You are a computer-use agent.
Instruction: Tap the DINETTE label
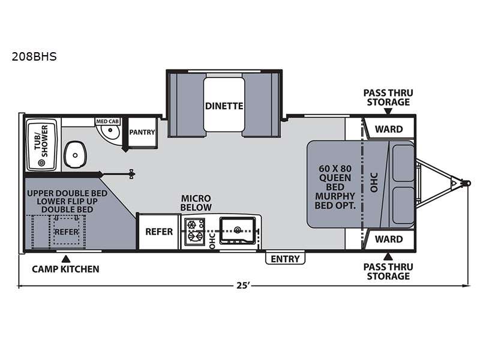tap(223, 106)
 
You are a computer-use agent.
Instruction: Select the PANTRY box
tap(142, 133)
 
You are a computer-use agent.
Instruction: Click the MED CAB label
tap(107, 121)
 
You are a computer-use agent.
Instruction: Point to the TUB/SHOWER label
tap(42, 139)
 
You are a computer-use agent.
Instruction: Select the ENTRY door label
tap(285, 259)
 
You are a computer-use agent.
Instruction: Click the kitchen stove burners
tap(194, 232)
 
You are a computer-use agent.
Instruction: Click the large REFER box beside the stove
tap(158, 232)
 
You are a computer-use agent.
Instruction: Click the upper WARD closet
tap(389, 128)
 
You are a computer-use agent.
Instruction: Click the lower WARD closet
tap(389, 239)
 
